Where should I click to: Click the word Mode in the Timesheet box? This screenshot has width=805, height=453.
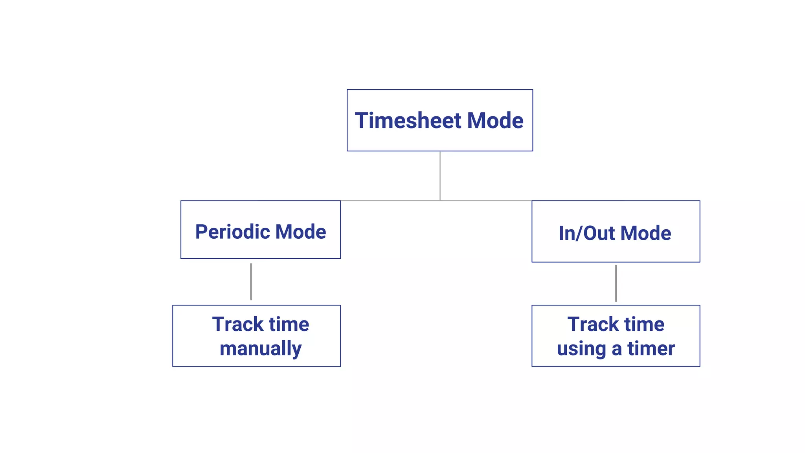[x=495, y=120]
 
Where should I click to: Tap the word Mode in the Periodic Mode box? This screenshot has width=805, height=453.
[x=301, y=232]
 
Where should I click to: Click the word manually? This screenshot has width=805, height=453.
[x=261, y=349]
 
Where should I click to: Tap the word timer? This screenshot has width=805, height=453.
[x=651, y=348]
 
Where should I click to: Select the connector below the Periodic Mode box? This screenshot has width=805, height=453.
[x=251, y=282]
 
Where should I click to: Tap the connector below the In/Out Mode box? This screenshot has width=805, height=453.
[x=616, y=283]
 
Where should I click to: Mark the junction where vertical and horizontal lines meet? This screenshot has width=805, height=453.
[x=440, y=201]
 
